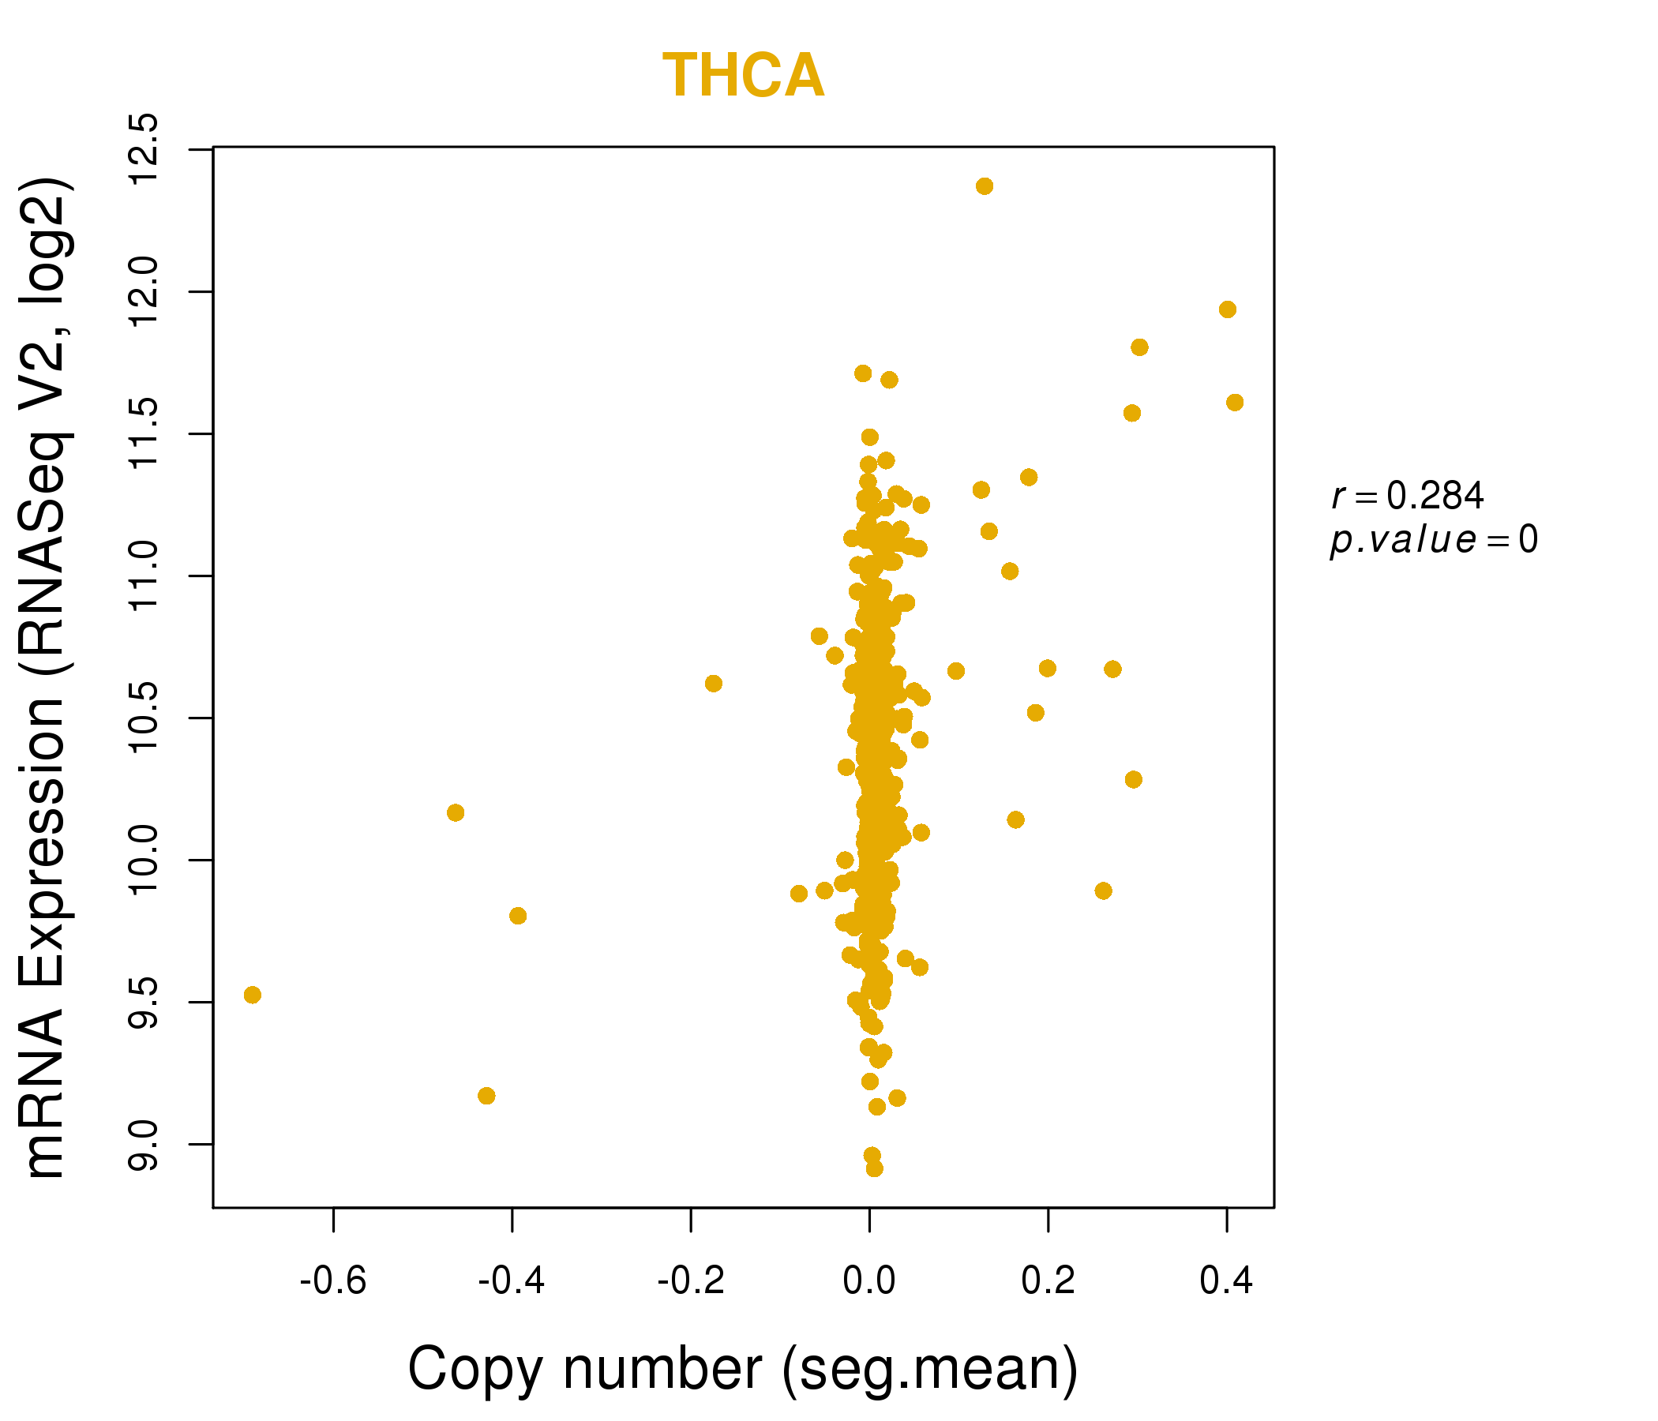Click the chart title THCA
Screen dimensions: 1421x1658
(x=743, y=76)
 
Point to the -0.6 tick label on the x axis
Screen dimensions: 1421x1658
(x=333, y=1281)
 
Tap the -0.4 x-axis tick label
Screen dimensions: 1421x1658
(x=512, y=1281)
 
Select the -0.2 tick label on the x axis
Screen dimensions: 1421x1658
(x=691, y=1281)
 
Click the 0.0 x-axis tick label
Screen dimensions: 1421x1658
(x=869, y=1281)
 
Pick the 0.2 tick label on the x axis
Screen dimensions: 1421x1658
(x=1048, y=1281)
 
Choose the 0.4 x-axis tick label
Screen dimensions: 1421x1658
(x=1226, y=1281)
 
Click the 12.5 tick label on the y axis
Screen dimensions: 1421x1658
(x=144, y=149)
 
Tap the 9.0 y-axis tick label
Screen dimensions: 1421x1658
(x=144, y=1144)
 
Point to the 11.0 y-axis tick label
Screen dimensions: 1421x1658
(x=144, y=576)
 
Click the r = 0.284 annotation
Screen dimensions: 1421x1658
(x=1408, y=496)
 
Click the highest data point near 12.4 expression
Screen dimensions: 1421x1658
(x=985, y=186)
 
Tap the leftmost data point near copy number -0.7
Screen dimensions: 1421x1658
(x=252, y=995)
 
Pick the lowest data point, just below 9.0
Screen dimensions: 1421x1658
(x=875, y=1168)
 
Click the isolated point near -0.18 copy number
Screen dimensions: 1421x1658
(x=713, y=684)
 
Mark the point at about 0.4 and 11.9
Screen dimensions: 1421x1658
(x=1227, y=309)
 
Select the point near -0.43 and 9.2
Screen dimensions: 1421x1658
(x=486, y=1096)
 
